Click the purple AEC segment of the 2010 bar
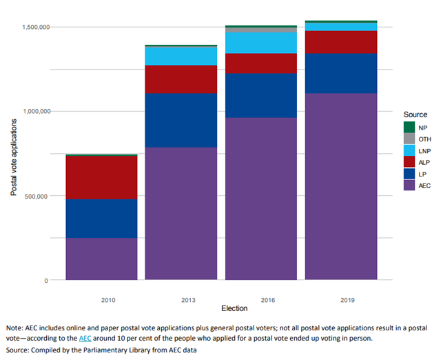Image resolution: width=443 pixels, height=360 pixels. point(101,259)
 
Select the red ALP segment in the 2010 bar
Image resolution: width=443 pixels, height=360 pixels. point(101,177)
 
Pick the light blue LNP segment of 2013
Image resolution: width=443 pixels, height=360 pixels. point(181,56)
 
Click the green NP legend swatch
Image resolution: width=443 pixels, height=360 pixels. point(409,127)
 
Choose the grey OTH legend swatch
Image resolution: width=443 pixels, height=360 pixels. point(409,139)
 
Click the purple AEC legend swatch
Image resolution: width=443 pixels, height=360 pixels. point(409,186)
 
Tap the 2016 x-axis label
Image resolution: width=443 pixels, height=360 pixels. point(261,300)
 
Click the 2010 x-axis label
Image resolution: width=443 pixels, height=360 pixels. point(101,300)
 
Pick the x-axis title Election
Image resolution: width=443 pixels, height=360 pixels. point(220,308)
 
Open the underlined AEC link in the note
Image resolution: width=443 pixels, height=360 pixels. point(85,339)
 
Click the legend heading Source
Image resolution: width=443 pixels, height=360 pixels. point(415,114)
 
